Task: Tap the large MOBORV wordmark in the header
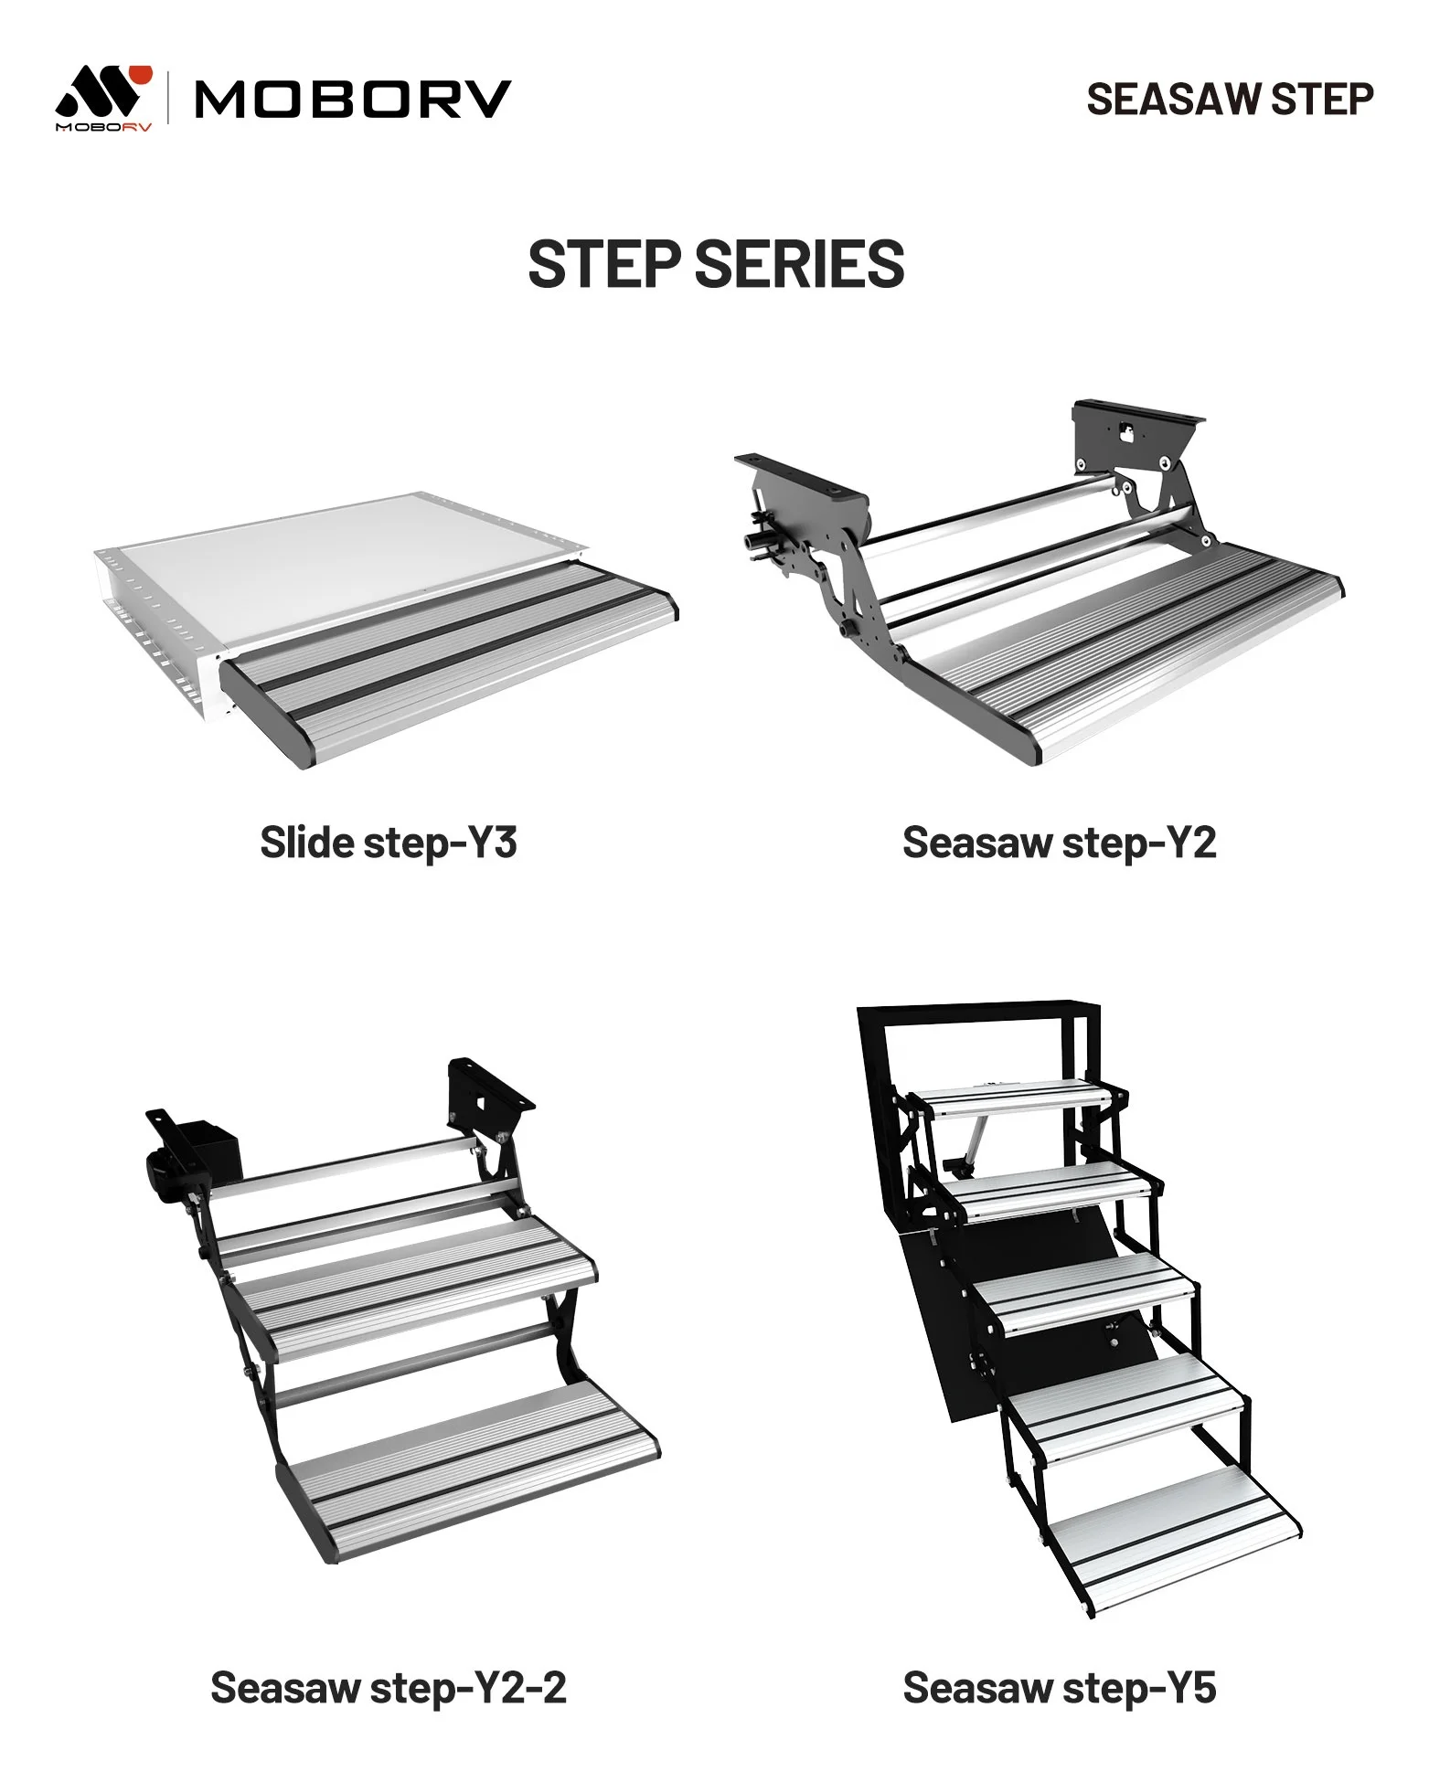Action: [x=353, y=100]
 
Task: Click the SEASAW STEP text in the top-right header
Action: [x=1230, y=100]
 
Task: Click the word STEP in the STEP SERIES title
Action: [x=605, y=264]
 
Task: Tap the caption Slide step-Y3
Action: [x=389, y=842]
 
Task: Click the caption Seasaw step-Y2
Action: [x=1060, y=842]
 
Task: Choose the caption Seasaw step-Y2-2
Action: [x=389, y=1688]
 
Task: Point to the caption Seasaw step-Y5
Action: [x=1060, y=1688]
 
